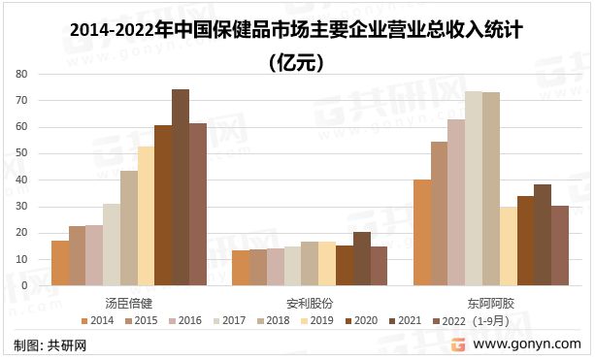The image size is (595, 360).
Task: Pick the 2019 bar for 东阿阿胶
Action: click(508, 246)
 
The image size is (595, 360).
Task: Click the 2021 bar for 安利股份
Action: click(362, 259)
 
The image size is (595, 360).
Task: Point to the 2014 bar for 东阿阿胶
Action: click(422, 233)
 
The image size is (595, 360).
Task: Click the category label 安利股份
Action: click(310, 302)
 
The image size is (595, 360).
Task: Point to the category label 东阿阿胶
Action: click(490, 302)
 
